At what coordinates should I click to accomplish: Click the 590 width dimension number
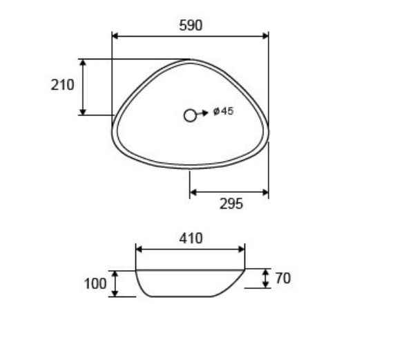[x=191, y=26]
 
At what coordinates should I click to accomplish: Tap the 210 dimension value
[x=62, y=85]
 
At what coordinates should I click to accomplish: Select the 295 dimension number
[x=231, y=204]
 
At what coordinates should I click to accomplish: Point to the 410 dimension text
[x=191, y=238]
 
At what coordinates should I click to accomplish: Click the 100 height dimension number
[x=95, y=284]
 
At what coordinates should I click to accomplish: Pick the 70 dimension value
[x=283, y=278]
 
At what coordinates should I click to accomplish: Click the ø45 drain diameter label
[x=224, y=111]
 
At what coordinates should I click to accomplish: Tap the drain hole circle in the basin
[x=190, y=115]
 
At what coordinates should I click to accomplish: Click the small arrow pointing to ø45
[x=202, y=113]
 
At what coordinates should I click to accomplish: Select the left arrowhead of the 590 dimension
[x=115, y=36]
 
